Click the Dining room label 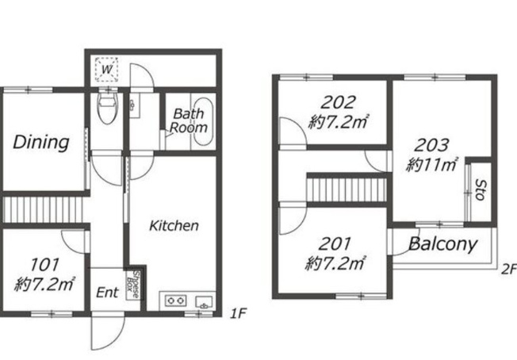point(41,143)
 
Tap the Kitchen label point(174,226)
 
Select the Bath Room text point(189,121)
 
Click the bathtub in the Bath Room point(203,121)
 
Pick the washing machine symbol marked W point(106,69)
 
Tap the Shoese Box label point(132,285)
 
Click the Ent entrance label point(108,293)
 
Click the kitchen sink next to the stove point(204,302)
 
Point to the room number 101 point(45,264)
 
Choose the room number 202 point(338,102)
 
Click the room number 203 point(431,145)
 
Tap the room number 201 point(335,244)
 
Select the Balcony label point(442,244)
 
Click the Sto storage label point(481,190)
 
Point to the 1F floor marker point(238,313)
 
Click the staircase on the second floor point(347,190)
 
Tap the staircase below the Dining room point(43,209)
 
